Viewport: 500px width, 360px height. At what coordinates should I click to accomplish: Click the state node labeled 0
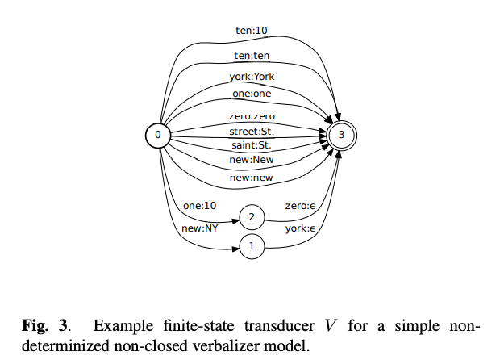pyautogui.click(x=158, y=135)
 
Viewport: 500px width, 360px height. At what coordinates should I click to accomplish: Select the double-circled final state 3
pyautogui.click(x=342, y=136)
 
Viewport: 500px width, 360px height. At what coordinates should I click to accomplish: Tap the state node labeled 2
pyautogui.click(x=252, y=217)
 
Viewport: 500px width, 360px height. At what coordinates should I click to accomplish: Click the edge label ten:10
pyautogui.click(x=252, y=31)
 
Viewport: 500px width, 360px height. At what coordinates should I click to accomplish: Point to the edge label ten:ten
pyautogui.click(x=252, y=56)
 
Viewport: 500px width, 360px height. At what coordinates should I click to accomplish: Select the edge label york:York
pyautogui.click(x=252, y=77)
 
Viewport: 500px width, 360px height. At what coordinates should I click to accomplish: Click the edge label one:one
pyautogui.click(x=252, y=94)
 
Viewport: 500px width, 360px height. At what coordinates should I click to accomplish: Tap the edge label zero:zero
pyautogui.click(x=252, y=116)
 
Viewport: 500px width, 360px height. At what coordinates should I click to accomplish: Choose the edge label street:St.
pyautogui.click(x=252, y=131)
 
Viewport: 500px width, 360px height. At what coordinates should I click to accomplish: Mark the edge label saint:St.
pyautogui.click(x=252, y=145)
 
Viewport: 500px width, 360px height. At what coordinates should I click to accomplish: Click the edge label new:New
pyautogui.click(x=252, y=160)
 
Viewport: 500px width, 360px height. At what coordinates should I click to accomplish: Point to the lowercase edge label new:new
pyautogui.click(x=252, y=176)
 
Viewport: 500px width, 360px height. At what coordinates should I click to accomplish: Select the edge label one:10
pyautogui.click(x=199, y=206)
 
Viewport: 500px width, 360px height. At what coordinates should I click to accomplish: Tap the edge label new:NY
pyautogui.click(x=198, y=228)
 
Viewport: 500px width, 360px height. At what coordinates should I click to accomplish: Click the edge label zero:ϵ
pyautogui.click(x=301, y=206)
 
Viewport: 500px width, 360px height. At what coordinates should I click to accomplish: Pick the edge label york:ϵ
pyautogui.click(x=301, y=228)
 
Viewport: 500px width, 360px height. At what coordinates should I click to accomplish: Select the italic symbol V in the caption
pyautogui.click(x=331, y=326)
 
